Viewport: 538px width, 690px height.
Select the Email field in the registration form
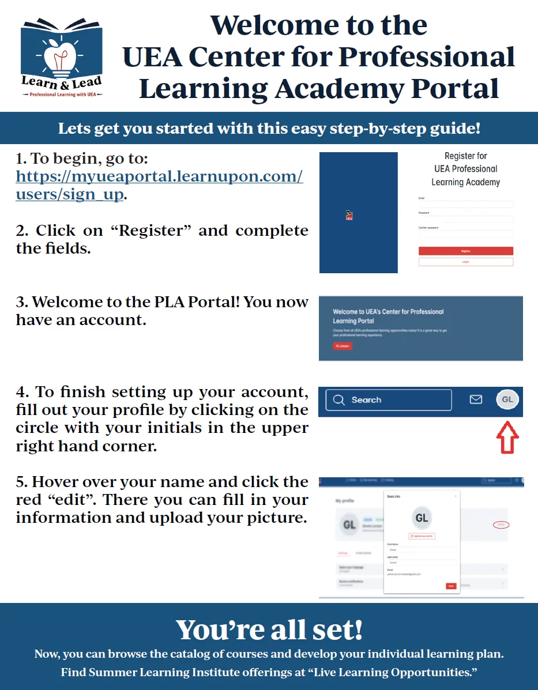465,204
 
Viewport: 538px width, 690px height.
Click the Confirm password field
465,233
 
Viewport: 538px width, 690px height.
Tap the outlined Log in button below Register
465,262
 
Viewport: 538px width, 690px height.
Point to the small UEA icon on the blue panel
349,216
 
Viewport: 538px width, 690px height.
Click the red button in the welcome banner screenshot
343,346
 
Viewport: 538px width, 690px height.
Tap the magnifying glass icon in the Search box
339,400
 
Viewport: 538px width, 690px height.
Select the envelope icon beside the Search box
476,399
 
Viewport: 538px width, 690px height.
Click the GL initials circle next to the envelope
507,399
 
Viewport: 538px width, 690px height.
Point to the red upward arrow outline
507,438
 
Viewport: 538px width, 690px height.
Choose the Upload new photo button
422,536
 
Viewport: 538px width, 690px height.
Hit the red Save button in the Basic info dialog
451,586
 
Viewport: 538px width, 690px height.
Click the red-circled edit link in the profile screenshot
502,525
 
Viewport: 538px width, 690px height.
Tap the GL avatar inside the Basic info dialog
422,518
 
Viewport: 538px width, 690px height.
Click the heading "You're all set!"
269,629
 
